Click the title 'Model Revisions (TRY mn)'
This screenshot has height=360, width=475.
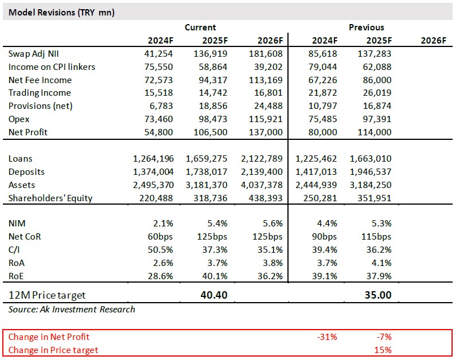pos(61,13)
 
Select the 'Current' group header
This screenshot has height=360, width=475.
pos(200,27)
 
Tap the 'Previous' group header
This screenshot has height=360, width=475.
pos(366,27)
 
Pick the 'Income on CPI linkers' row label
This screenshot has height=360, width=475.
pos(52,67)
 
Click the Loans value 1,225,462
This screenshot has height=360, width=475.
pos(317,159)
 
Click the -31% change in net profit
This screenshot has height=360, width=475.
pos(327,337)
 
